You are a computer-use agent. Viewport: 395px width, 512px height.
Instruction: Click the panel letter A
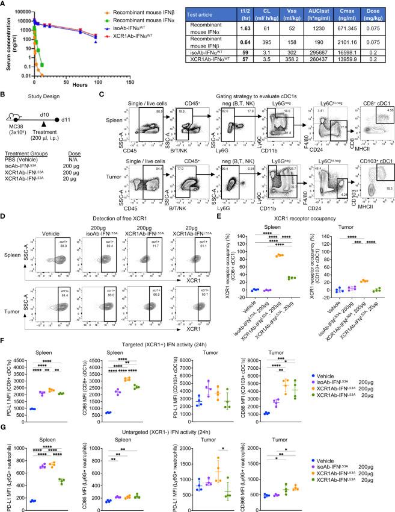tap(4, 4)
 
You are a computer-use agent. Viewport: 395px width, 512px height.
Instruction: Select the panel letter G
tap(4, 414)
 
